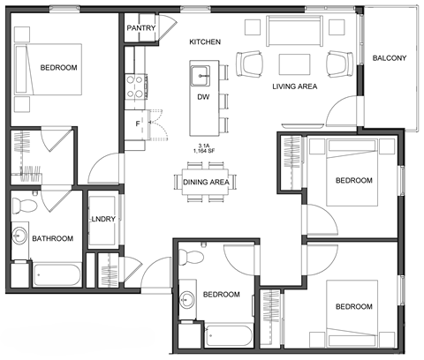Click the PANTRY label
point(141,28)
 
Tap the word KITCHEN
point(205,42)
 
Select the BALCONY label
point(389,58)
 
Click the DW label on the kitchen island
point(203,97)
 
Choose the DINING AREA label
point(206,182)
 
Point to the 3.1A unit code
point(205,144)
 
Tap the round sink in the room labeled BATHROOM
point(20,236)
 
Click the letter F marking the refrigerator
point(137,124)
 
